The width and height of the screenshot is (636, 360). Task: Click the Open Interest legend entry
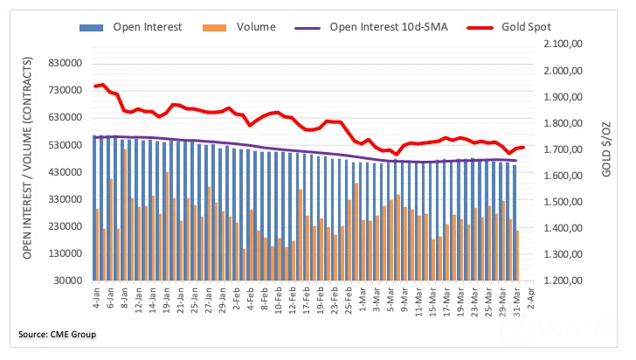pyautogui.click(x=131, y=27)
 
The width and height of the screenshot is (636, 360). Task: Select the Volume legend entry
pyautogui.click(x=238, y=27)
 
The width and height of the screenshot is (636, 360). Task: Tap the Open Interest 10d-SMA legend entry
pyautogui.click(x=371, y=27)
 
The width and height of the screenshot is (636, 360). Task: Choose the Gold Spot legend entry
pyautogui.click(x=509, y=27)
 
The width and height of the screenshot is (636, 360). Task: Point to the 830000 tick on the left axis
pyautogui.click(x=65, y=63)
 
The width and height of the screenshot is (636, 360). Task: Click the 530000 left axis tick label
pyautogui.click(x=65, y=145)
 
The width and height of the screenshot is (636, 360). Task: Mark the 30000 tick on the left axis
pyautogui.click(x=68, y=280)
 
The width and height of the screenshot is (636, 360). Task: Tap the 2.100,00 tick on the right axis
pyautogui.click(x=563, y=44)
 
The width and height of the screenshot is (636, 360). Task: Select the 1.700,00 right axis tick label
pyautogui.click(x=563, y=149)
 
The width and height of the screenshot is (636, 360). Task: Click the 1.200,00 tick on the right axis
pyautogui.click(x=563, y=280)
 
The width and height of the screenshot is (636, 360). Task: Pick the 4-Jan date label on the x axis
pyautogui.click(x=96, y=298)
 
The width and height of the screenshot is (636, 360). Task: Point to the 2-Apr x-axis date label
pyautogui.click(x=530, y=298)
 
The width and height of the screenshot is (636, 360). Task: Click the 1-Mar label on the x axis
pyautogui.click(x=363, y=299)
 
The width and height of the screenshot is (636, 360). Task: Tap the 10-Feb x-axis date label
pyautogui.click(x=278, y=300)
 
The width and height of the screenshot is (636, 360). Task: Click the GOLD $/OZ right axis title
pyautogui.click(x=606, y=149)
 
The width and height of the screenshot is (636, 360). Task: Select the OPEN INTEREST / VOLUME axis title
pyautogui.click(x=27, y=158)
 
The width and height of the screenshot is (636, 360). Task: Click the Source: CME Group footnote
pyautogui.click(x=57, y=335)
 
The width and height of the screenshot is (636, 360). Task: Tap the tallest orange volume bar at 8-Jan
pyautogui.click(x=125, y=215)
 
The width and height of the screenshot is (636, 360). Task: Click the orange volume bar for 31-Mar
pyautogui.click(x=517, y=256)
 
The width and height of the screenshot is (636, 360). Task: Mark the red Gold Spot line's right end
pyautogui.click(x=523, y=148)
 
